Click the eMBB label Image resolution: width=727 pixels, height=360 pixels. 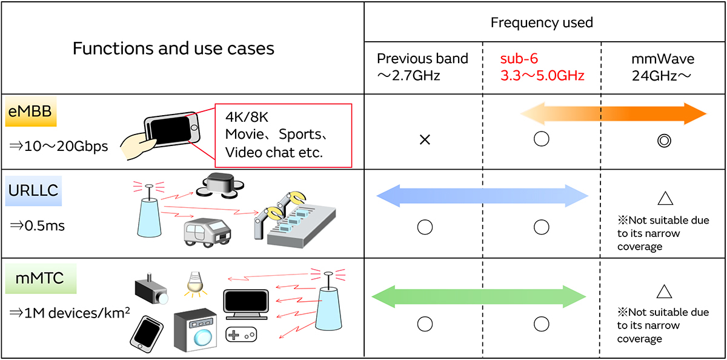tap(30, 114)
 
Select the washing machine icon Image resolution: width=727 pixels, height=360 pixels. tap(196, 330)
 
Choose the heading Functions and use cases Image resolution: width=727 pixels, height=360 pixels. tap(173, 48)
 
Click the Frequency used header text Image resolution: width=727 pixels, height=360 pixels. tap(542, 23)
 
